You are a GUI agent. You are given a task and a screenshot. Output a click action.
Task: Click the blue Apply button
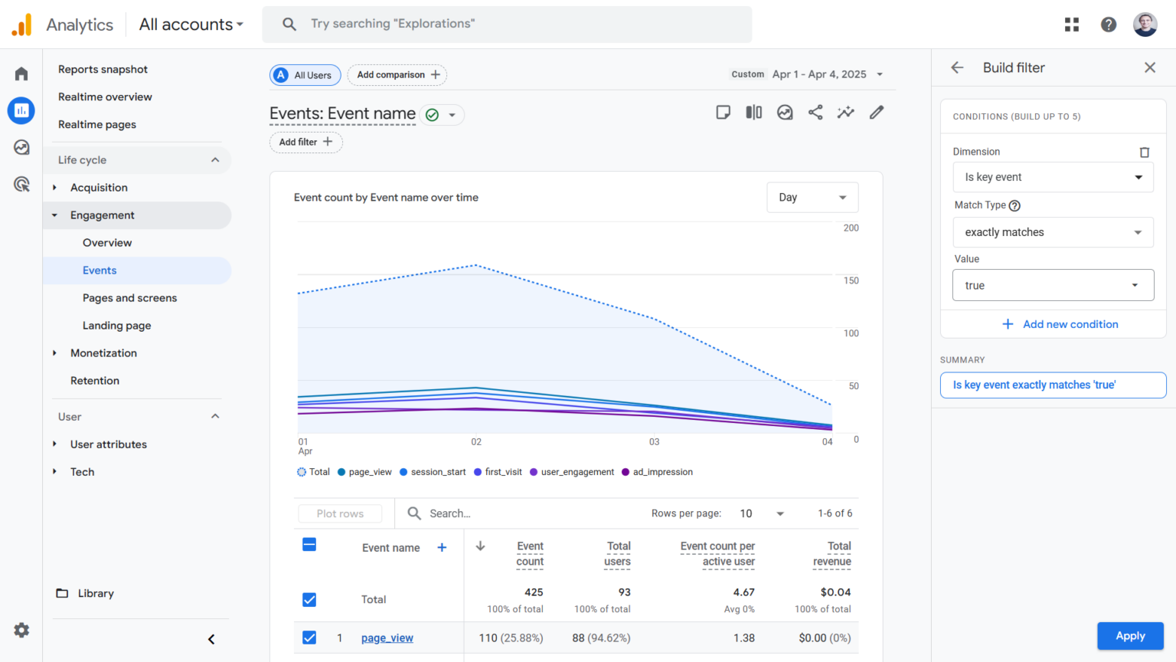click(1130, 636)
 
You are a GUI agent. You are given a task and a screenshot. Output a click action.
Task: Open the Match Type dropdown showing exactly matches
click(1053, 232)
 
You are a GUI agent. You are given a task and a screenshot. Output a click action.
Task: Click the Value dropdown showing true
click(1053, 285)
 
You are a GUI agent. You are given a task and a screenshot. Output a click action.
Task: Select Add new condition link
click(1060, 324)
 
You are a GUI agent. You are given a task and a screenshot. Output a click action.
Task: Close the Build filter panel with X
click(1149, 67)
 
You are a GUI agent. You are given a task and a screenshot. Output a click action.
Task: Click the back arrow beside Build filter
click(957, 67)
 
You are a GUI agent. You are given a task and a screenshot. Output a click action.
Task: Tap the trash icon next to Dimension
click(1145, 152)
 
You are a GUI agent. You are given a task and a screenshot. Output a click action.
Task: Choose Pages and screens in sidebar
click(129, 298)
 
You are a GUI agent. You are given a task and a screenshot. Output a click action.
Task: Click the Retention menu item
click(95, 381)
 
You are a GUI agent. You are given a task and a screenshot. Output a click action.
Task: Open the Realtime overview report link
click(105, 97)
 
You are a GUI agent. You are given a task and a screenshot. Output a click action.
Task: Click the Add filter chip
click(305, 142)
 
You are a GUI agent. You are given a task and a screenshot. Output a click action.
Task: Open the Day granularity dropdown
click(812, 197)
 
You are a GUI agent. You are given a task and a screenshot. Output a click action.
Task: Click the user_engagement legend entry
click(577, 472)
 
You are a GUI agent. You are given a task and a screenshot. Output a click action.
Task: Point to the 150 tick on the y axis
click(851, 280)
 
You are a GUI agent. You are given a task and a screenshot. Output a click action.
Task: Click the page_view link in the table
click(387, 638)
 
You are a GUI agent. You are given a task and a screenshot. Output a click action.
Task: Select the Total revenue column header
click(831, 554)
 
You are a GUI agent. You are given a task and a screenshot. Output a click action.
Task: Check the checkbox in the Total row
click(309, 600)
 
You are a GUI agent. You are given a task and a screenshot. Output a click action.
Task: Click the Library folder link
click(95, 593)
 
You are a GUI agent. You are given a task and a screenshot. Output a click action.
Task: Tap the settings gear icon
click(21, 630)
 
